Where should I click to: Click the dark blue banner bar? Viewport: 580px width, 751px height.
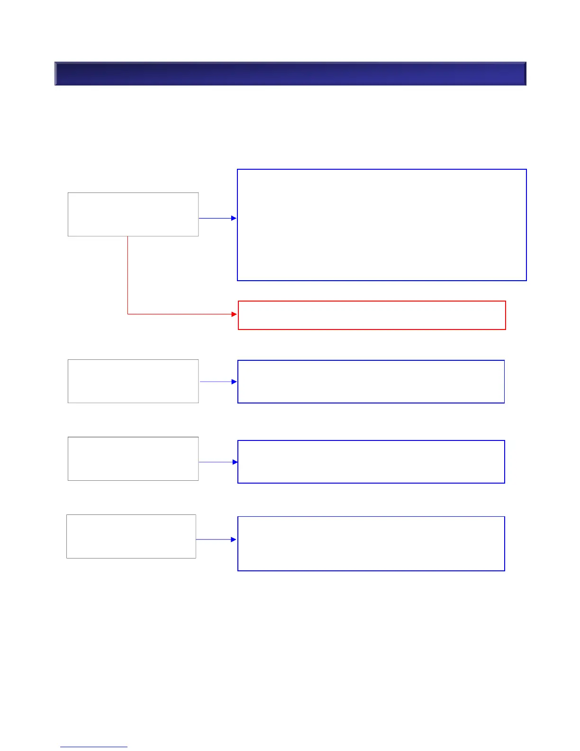tap(290, 73)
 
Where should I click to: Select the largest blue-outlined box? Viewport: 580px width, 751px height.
tap(381, 225)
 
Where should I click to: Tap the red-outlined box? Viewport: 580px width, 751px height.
tap(372, 315)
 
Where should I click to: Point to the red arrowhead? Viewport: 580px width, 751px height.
tap(234, 314)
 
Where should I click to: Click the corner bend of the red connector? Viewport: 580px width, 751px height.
tap(128, 313)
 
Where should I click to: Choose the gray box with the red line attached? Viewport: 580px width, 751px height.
tap(133, 214)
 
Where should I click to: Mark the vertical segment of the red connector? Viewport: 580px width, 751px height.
tap(127, 275)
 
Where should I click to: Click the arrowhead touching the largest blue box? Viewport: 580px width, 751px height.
tap(234, 218)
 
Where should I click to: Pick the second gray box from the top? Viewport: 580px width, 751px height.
tap(133, 381)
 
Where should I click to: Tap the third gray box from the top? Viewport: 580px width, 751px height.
tap(133, 458)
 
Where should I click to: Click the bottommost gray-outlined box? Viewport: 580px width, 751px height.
tap(131, 536)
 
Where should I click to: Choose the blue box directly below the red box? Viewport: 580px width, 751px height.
tap(371, 382)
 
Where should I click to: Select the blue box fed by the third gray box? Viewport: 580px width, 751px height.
tap(371, 462)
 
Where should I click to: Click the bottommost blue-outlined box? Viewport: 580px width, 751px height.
tap(371, 543)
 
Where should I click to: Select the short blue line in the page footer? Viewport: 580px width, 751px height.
tap(94, 747)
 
